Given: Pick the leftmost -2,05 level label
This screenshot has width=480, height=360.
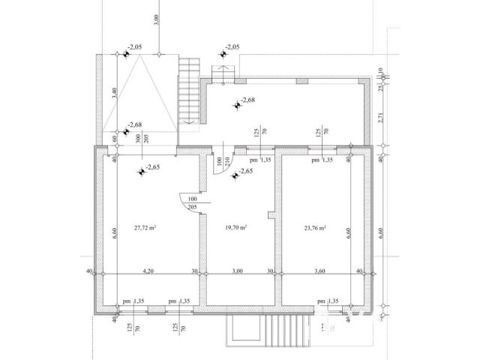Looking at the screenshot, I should click(133, 48).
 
